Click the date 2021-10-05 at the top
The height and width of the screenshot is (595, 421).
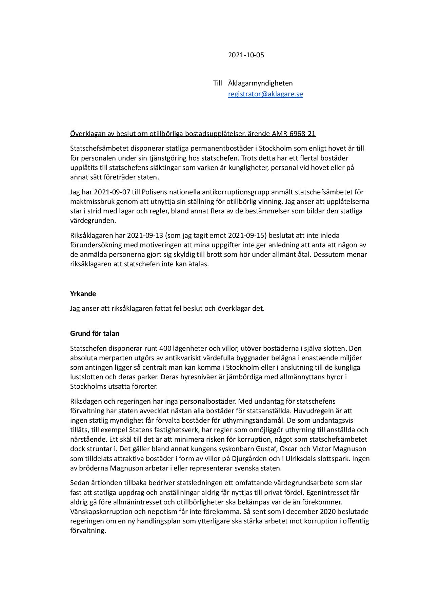tap(246, 55)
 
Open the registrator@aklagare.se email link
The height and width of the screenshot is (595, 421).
tap(265, 94)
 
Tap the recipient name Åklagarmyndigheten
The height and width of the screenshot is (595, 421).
tap(260, 83)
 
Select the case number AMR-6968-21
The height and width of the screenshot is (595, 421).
tap(294, 134)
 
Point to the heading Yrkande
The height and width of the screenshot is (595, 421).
tap(83, 294)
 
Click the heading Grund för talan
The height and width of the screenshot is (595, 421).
tap(95, 333)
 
